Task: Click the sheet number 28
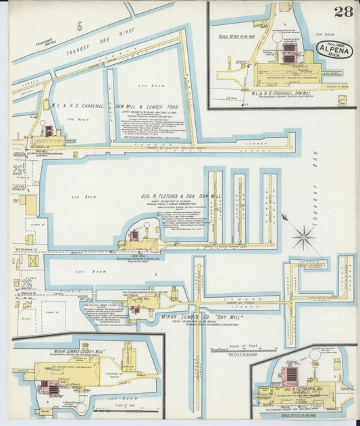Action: pyautogui.click(x=342, y=11)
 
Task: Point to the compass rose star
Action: pyautogui.click(x=304, y=237)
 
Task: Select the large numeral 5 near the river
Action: pyautogui.click(x=80, y=27)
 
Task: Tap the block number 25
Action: pyautogui.click(x=17, y=171)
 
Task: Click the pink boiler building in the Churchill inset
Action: pyautogui.click(x=290, y=51)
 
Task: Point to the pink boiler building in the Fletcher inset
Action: pyautogui.click(x=292, y=375)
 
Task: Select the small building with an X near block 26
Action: pyautogui.click(x=33, y=261)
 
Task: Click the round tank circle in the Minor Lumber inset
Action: pyautogui.click(x=81, y=407)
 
